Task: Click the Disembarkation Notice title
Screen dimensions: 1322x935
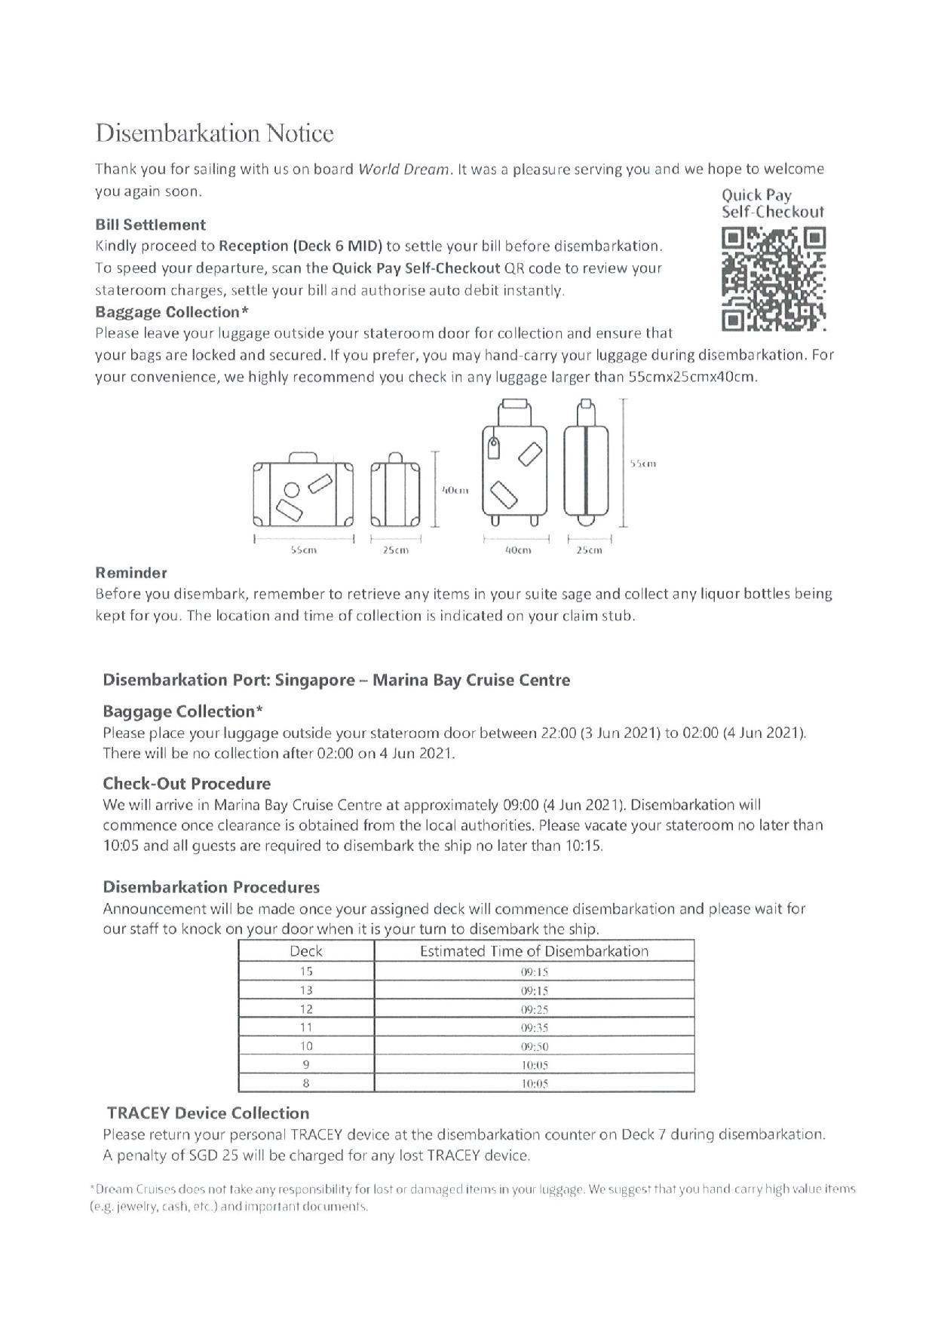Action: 214,133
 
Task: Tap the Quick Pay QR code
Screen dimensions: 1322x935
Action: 774,280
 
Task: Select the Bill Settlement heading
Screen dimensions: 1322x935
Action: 150,225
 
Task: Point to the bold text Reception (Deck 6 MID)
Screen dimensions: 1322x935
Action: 300,246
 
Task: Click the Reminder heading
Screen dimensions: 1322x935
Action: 131,572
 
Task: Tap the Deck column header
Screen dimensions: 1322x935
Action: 305,951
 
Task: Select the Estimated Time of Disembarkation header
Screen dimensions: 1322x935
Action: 534,951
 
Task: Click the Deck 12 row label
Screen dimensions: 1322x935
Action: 306,1008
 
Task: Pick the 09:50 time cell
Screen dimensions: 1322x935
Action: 534,1046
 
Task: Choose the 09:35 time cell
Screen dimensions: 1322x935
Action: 534,1027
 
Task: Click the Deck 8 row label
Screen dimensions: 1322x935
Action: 306,1083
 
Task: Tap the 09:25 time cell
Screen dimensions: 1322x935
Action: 534,1008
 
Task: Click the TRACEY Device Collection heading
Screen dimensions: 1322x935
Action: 208,1113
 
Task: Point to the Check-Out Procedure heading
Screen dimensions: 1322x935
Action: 186,783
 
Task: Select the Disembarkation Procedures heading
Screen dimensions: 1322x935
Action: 211,887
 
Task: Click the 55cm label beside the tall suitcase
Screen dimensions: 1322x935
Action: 642,464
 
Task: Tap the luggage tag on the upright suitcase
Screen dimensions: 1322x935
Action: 495,448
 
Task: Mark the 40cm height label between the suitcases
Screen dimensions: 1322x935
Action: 455,491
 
